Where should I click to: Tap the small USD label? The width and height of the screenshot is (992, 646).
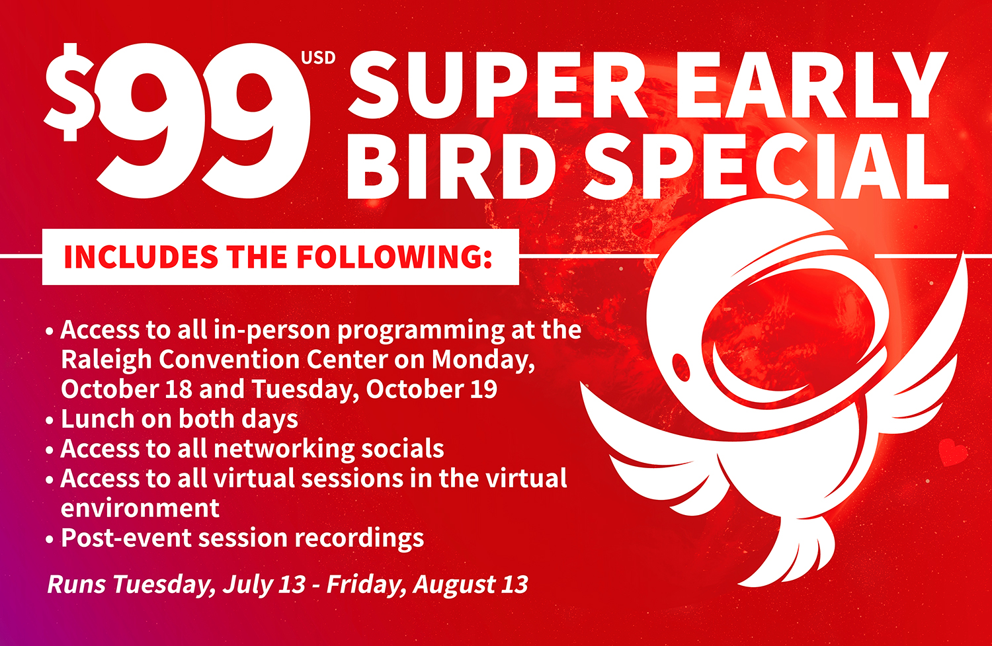click(x=318, y=58)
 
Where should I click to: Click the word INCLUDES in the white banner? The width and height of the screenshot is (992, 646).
click(x=141, y=257)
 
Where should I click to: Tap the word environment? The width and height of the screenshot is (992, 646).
click(x=140, y=508)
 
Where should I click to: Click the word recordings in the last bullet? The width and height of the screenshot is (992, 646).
click(x=359, y=539)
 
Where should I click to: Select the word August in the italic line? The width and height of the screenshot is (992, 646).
click(x=453, y=585)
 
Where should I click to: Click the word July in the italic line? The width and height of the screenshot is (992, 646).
click(x=246, y=585)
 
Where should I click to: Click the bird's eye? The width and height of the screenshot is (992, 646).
click(x=681, y=366)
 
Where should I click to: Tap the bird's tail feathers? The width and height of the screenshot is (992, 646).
click(x=793, y=553)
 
